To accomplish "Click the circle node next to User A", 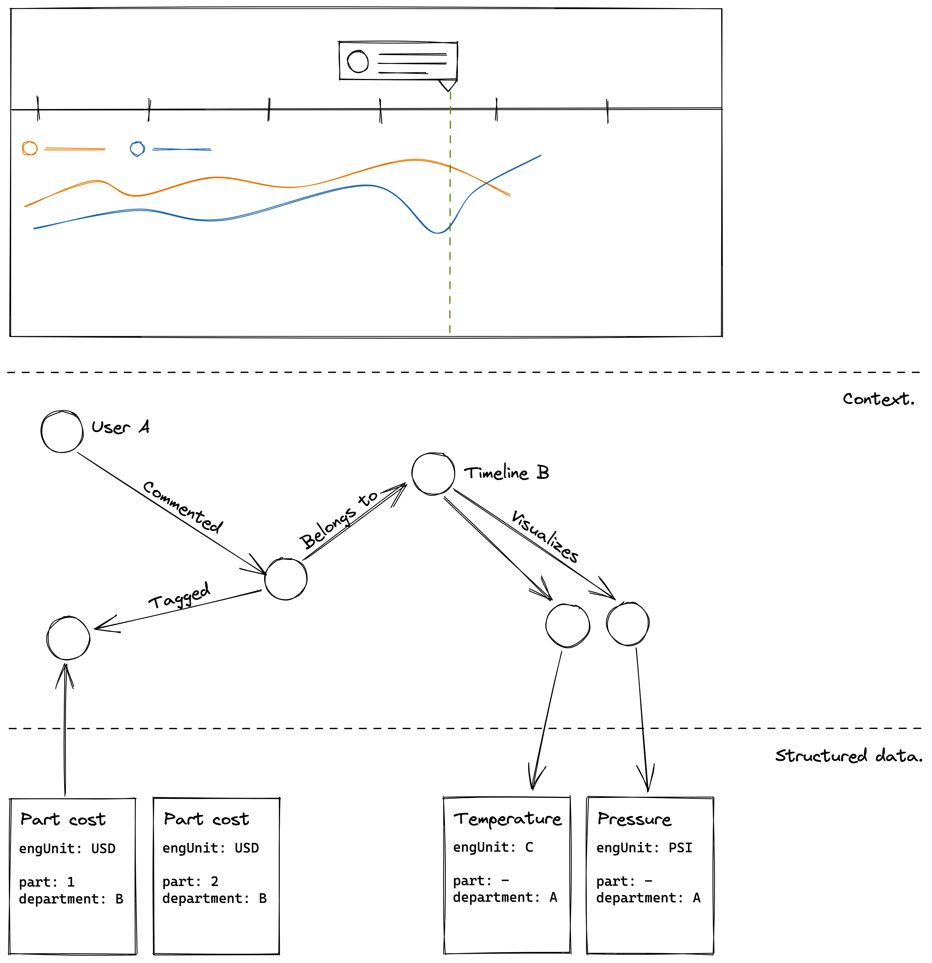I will tap(62, 431).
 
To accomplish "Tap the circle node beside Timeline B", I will tap(433, 474).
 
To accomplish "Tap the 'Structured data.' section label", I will tap(848, 756).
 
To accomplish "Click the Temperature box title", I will tap(507, 819).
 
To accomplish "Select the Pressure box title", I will tap(634, 819).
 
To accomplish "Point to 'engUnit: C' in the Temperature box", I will tap(493, 847).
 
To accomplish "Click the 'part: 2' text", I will tap(190, 881).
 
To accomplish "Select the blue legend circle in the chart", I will tap(138, 148).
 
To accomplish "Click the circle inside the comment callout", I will tap(358, 62).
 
